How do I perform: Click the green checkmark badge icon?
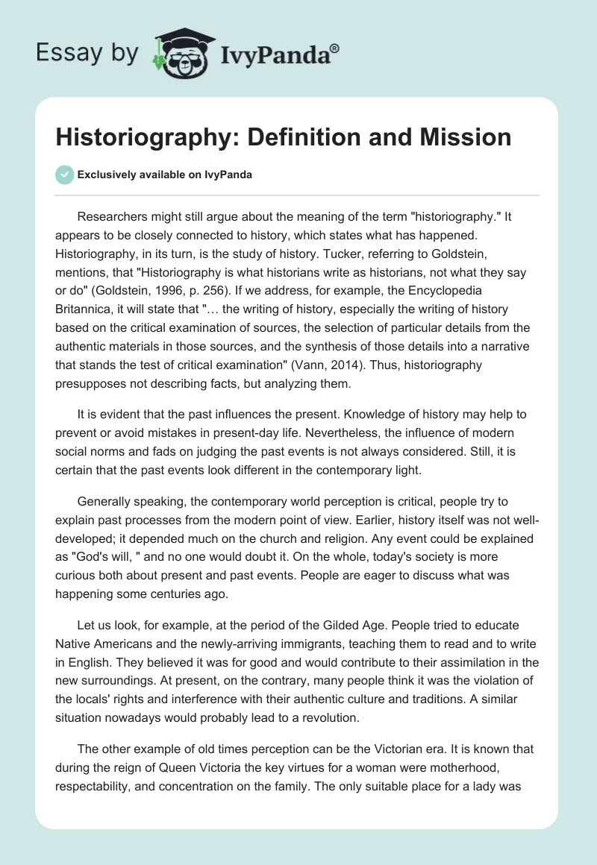pos(64,175)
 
